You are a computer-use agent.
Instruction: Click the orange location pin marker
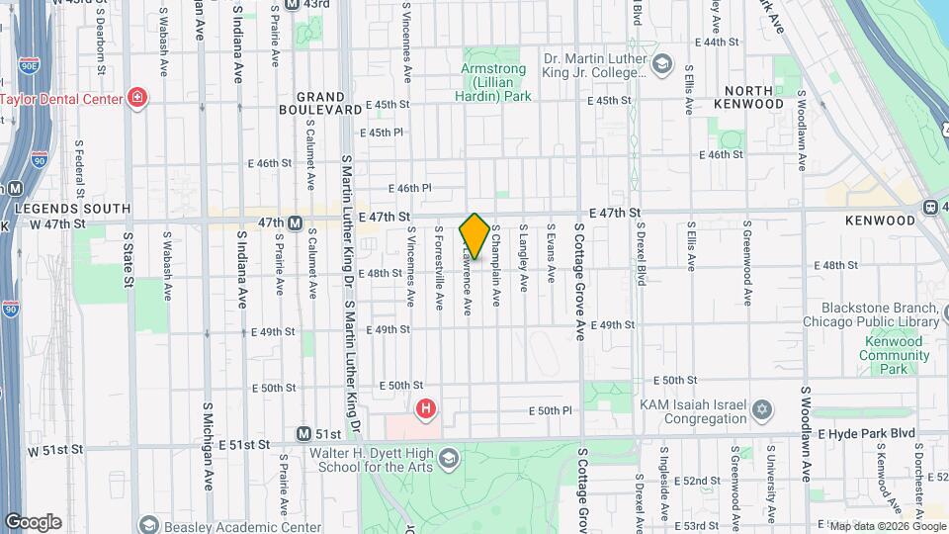click(474, 236)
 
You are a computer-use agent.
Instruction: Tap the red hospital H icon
click(425, 407)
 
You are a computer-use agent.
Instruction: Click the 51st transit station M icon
click(305, 434)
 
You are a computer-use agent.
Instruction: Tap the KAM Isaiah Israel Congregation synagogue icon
click(761, 409)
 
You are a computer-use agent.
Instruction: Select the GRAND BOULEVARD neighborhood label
click(326, 104)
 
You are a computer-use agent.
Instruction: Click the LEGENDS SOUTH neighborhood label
click(72, 209)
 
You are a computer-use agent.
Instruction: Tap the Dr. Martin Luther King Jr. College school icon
click(661, 66)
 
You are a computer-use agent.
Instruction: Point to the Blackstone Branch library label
click(886, 314)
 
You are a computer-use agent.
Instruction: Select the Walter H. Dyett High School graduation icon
click(449, 459)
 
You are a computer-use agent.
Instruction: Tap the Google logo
click(33, 521)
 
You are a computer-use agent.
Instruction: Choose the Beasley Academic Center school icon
click(149, 524)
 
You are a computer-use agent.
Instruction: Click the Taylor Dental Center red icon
click(137, 98)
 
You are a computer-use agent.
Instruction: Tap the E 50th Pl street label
click(551, 410)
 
